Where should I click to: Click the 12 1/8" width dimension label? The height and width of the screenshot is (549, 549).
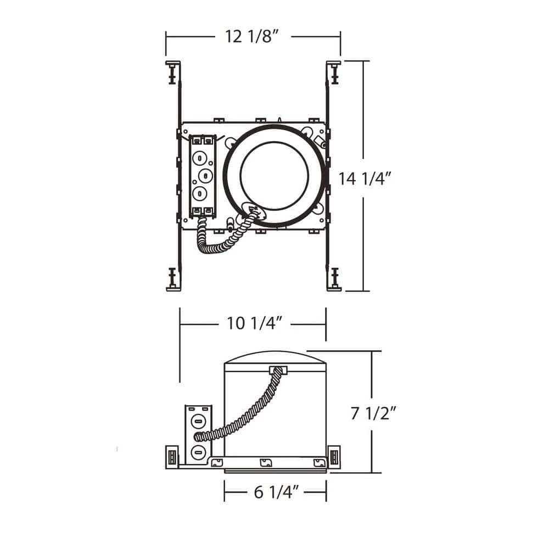(252, 36)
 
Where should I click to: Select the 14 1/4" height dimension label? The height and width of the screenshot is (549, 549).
(364, 178)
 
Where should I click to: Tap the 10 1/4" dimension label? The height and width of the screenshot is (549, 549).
(254, 323)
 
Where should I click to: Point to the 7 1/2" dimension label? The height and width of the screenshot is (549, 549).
(373, 413)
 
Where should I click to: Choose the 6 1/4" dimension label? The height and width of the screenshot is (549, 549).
(277, 492)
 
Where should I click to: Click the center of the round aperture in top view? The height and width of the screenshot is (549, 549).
(274, 176)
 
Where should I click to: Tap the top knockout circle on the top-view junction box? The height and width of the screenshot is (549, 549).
(199, 158)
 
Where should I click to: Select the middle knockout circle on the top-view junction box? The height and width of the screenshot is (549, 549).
(205, 175)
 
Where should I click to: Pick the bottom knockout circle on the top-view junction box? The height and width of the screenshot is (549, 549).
(199, 193)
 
